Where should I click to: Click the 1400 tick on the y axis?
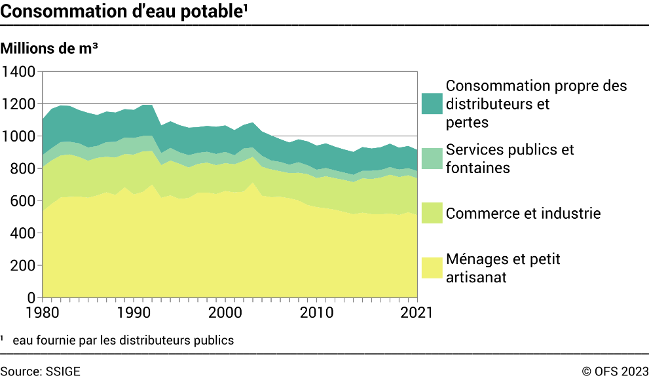[x=19, y=71]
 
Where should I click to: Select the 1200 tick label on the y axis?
[x=19, y=104]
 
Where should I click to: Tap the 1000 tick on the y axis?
[x=19, y=136]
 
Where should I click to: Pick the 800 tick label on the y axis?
[x=23, y=168]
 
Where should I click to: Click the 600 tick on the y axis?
[x=23, y=201]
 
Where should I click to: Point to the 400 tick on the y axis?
[x=23, y=233]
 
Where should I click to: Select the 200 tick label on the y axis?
[x=23, y=265]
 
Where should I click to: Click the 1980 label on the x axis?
[x=43, y=313]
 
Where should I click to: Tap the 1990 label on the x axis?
[x=134, y=313]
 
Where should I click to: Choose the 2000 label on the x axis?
[x=226, y=313]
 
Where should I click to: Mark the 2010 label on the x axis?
[x=318, y=313]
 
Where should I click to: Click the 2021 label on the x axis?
[x=415, y=313]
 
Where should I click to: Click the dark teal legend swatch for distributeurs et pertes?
[x=432, y=104]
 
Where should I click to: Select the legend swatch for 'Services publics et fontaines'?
[x=432, y=158]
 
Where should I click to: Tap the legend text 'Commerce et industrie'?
[x=523, y=214]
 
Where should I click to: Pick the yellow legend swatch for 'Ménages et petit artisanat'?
[x=432, y=267]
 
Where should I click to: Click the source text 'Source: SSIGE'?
[x=41, y=371]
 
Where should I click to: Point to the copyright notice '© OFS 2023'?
[x=615, y=371]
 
